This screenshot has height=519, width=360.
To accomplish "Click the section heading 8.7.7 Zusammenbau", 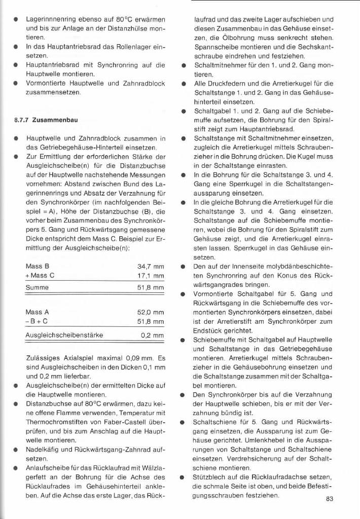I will pos(45,121).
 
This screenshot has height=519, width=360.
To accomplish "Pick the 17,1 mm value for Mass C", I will pos(151,276).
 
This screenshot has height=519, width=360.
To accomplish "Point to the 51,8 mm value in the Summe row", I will pos(151,288).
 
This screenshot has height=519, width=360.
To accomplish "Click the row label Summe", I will pos(37,288).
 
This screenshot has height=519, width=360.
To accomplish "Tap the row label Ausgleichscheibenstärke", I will pos(64,336).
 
